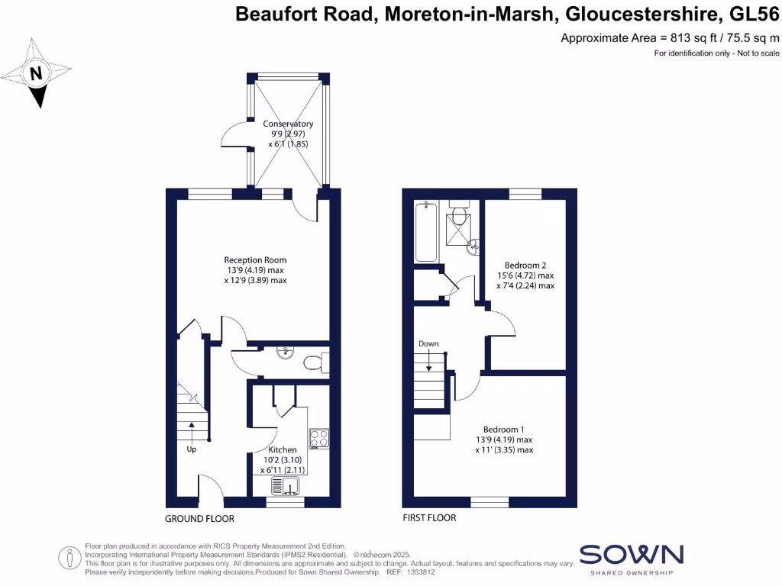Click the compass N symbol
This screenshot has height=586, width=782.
(35, 74)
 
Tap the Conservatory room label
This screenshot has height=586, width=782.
(288, 124)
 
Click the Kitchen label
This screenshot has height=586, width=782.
(282, 449)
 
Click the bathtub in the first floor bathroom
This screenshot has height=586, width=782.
(424, 232)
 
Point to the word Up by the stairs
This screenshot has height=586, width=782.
(192, 449)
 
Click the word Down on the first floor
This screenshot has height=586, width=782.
(428, 344)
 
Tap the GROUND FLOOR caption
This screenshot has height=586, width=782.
(199, 519)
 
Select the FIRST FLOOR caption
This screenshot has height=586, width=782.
(429, 518)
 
